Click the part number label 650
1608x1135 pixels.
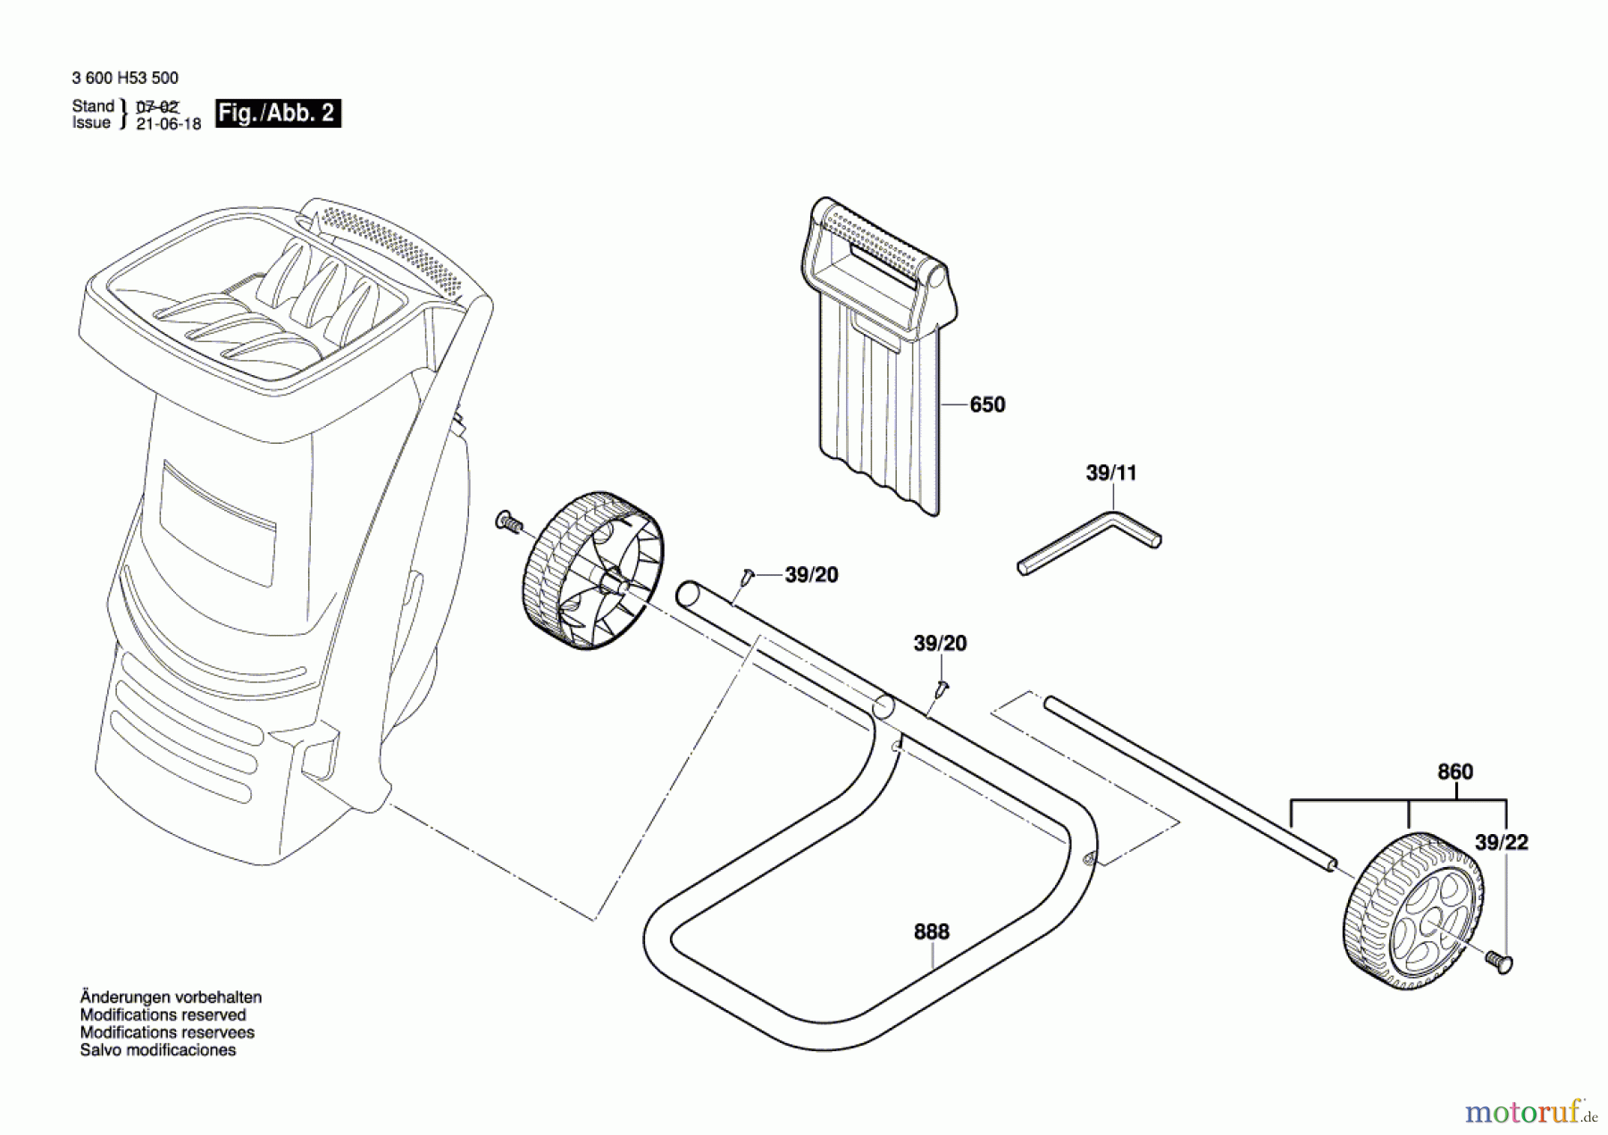tap(987, 405)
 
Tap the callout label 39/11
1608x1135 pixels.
tap(1110, 473)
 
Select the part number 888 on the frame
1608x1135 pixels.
tap(931, 932)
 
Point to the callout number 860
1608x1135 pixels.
tap(1454, 772)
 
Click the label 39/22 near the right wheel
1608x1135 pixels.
tap(1501, 842)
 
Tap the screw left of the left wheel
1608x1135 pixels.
tap(508, 522)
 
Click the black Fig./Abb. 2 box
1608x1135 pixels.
tap(278, 113)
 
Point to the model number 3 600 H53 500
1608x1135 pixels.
tap(125, 79)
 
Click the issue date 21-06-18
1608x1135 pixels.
tap(169, 124)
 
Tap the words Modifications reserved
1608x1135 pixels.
tap(163, 1015)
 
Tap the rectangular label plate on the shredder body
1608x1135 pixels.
tap(218, 523)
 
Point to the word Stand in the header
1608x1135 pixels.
tap(93, 106)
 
